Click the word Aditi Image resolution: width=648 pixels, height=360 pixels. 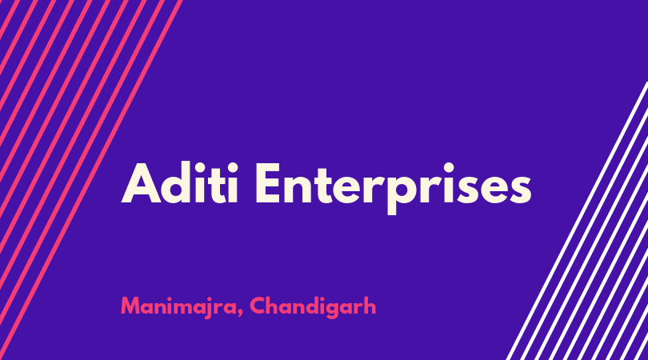(180, 182)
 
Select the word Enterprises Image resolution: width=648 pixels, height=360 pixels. (393, 188)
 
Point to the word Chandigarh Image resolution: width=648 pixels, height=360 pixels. (313, 307)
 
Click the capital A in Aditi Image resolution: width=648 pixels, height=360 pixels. (141, 183)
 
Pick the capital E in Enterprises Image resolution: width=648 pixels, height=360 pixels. (269, 182)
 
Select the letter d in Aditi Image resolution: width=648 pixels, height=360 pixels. (178, 182)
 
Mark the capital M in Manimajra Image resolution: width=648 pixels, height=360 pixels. (130, 306)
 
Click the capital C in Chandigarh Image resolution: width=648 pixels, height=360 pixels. (258, 306)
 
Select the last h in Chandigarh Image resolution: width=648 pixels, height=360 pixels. (370, 306)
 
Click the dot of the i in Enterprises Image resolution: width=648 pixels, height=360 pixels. (442, 166)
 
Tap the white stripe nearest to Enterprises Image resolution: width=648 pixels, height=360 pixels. (578, 221)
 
